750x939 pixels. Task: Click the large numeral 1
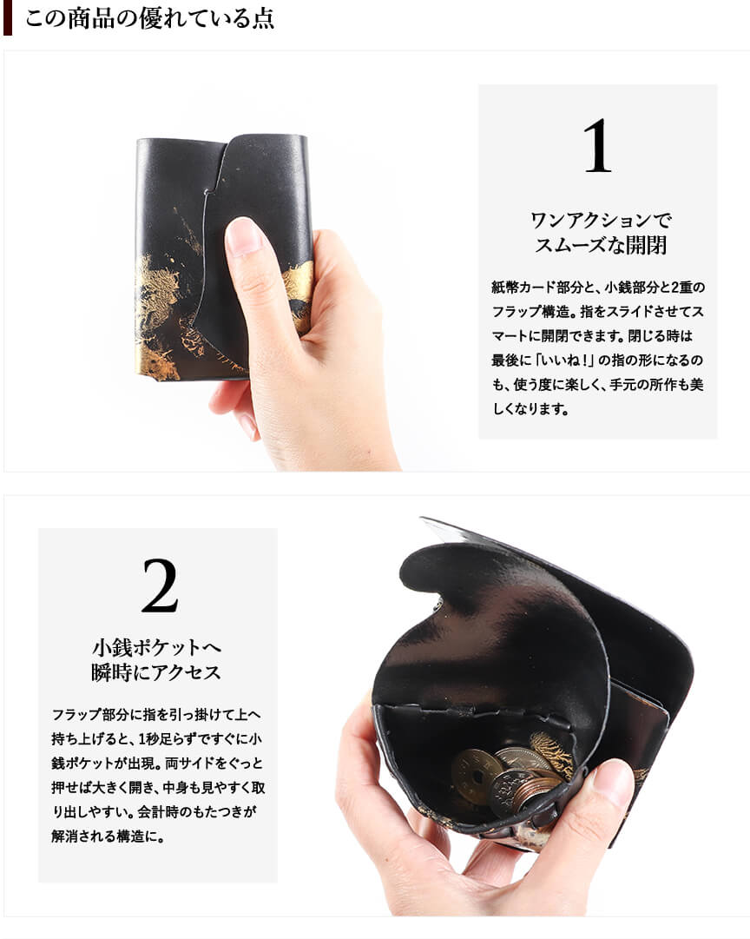[597, 146]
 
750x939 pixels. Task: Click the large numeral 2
[160, 585]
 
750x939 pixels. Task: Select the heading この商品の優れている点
[149, 18]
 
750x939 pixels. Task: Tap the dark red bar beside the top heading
[8, 18]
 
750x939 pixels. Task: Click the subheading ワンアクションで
[601, 220]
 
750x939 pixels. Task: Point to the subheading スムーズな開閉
[601, 245]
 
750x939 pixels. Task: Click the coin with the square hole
[477, 776]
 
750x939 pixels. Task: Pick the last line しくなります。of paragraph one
[530, 409]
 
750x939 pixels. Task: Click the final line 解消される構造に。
[108, 836]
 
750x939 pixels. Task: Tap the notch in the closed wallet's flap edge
[207, 193]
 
